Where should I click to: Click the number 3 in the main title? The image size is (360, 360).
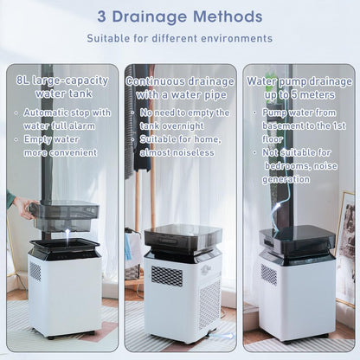[x=101, y=16]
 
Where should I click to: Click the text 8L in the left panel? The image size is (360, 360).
[x=22, y=80]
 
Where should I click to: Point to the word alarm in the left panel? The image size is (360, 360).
[x=82, y=126]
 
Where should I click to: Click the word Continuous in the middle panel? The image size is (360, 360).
[x=155, y=81]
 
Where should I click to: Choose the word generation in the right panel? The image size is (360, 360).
[x=286, y=179]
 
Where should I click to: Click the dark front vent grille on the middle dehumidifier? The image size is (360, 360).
[x=167, y=276]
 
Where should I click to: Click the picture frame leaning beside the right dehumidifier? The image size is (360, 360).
[x=345, y=249]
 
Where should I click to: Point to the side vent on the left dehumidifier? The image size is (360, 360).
[x=35, y=271]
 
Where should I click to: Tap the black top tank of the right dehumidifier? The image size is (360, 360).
[x=297, y=240]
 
